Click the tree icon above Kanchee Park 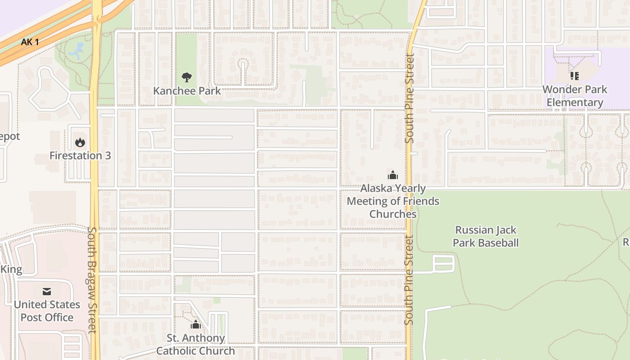186,77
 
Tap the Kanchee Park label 187,91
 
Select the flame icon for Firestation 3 80,143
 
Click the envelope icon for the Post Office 47,292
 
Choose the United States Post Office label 47,311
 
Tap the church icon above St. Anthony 195,324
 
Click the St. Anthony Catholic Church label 195,344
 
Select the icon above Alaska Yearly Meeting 393,175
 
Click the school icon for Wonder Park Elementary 574,76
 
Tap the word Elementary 575,103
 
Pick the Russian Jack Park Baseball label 486,236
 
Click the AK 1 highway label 30,42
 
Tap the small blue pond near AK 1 76,51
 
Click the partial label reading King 12,270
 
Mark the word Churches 393,214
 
